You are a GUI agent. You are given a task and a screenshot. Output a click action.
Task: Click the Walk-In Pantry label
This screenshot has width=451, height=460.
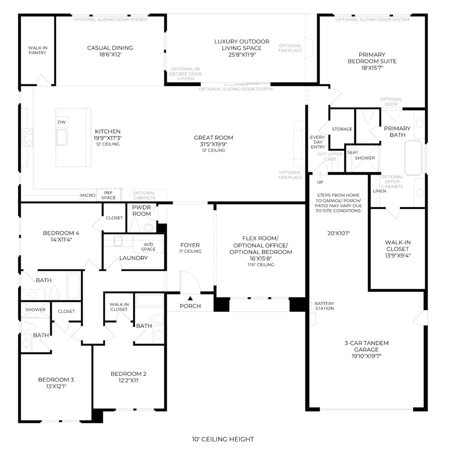click(37, 50)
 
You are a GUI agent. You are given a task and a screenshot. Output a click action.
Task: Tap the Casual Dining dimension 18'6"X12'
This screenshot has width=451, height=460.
click(110, 54)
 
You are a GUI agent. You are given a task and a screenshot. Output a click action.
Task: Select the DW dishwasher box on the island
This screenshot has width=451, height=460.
click(61, 122)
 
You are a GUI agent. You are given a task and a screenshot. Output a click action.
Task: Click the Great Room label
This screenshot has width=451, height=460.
click(213, 138)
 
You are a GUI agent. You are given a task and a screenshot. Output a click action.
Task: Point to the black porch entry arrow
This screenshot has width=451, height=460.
click(190, 298)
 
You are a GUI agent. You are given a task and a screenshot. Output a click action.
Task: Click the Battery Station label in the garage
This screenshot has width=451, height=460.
click(324, 306)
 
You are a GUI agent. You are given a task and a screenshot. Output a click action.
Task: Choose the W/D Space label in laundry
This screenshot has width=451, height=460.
click(148, 247)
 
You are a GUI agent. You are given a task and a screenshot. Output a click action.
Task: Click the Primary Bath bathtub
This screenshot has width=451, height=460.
click(413, 158)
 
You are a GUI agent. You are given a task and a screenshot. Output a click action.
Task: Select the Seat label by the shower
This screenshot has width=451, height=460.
click(353, 152)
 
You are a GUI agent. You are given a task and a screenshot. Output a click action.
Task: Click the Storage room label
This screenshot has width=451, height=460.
click(342, 129)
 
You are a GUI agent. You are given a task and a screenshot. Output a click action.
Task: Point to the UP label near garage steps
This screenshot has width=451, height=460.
click(320, 182)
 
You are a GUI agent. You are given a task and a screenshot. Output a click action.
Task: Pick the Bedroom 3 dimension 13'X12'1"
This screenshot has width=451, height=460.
click(56, 386)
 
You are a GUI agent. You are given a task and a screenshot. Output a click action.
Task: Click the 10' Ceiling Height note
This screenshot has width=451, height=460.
click(223, 439)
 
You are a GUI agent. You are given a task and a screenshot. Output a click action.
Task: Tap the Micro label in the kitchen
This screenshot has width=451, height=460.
click(88, 195)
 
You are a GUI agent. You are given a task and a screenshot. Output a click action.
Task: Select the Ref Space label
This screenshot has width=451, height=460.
click(109, 195)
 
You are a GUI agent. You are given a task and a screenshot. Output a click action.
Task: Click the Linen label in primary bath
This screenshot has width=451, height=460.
click(379, 191)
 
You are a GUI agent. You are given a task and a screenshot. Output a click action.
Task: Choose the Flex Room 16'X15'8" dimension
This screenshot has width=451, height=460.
click(261, 259)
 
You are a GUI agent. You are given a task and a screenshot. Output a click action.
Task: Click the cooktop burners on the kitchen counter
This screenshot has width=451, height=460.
click(27, 137)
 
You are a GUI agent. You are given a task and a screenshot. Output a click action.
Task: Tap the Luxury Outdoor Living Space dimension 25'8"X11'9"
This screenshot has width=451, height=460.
click(242, 55)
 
